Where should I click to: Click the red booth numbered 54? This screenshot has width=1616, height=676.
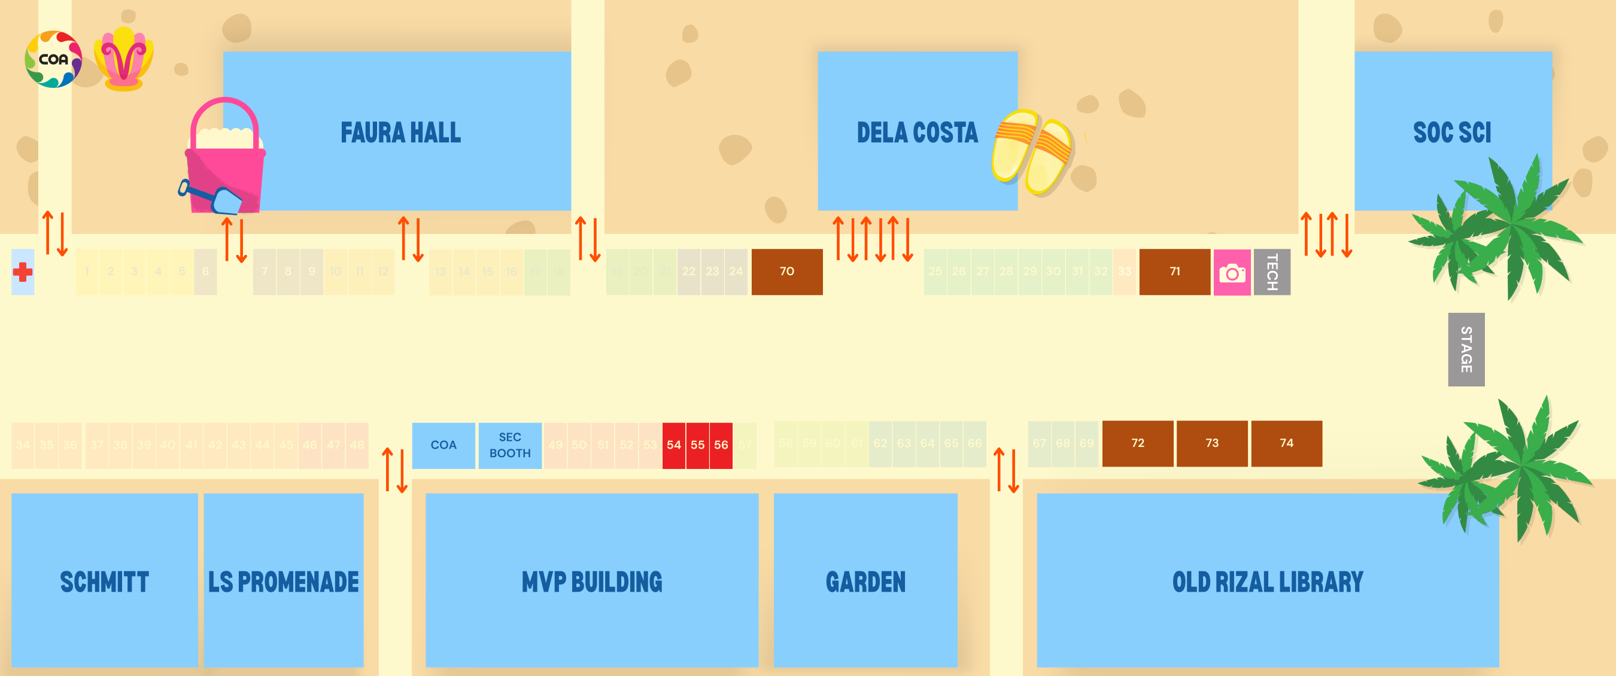[x=674, y=445]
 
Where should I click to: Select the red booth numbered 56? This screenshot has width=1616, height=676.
[x=721, y=445]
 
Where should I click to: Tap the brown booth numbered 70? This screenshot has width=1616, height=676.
[x=786, y=272]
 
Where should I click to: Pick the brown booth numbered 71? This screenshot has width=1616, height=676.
[x=1174, y=272]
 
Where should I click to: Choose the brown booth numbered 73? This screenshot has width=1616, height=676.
[x=1211, y=443]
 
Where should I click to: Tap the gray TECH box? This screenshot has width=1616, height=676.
[x=1272, y=272]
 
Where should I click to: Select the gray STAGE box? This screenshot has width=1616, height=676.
[x=1465, y=349]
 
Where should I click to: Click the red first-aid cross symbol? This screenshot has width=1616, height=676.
[x=23, y=272]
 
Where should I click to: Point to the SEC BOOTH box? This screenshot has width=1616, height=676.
[x=509, y=445]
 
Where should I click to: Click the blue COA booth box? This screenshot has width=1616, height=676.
[x=443, y=445]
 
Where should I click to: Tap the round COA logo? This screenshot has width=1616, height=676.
[x=53, y=60]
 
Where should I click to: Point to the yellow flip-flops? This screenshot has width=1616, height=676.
[x=1032, y=152]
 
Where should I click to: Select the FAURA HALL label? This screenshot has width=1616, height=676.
[x=400, y=133]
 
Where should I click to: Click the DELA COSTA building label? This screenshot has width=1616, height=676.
[x=916, y=133]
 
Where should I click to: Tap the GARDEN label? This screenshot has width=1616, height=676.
[x=865, y=582]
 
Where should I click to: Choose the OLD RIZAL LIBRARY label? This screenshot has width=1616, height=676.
[x=1267, y=582]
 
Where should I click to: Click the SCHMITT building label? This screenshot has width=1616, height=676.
[x=104, y=582]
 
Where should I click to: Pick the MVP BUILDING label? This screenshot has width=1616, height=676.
[x=591, y=582]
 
